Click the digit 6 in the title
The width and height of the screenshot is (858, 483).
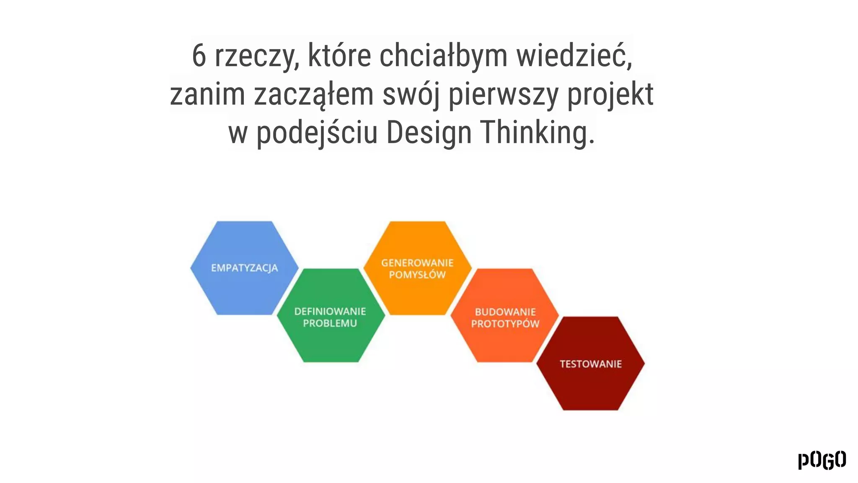[199, 56]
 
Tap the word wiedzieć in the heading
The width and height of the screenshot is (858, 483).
[574, 56]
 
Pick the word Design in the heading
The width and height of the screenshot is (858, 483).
[429, 132]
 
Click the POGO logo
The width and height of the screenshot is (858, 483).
[822, 460]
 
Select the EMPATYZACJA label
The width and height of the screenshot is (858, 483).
[244, 268]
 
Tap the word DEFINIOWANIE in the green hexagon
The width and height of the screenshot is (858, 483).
[330, 312]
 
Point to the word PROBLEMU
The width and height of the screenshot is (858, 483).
[330, 323]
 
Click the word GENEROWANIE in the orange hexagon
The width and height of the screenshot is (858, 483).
[417, 263]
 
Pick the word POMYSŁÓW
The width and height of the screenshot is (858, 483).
[417, 275]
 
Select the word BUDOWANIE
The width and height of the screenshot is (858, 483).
[505, 312]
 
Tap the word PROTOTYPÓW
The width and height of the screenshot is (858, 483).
[505, 324]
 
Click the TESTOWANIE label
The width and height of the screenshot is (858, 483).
[591, 364]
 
